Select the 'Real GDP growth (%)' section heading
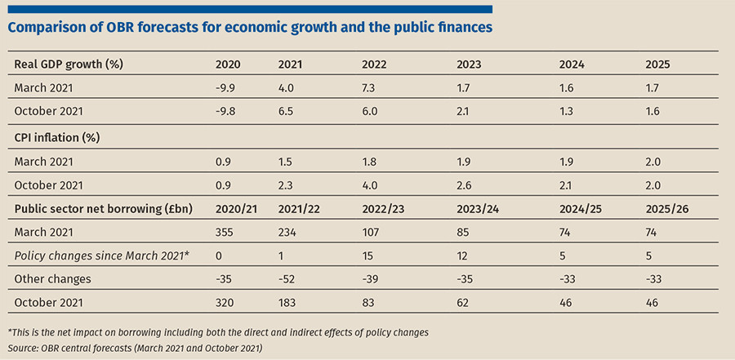(74, 64)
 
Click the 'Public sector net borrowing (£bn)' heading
(103, 208)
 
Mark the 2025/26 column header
(668, 208)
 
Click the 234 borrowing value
(288, 233)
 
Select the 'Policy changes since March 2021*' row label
(102, 256)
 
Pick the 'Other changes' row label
(52, 280)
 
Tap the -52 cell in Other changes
(288, 280)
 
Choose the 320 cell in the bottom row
(225, 304)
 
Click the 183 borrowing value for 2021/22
(288, 304)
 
